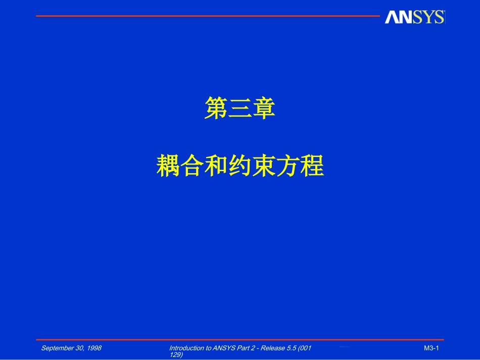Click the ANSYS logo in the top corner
[414, 17]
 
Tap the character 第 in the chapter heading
[216, 109]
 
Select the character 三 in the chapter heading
[240, 109]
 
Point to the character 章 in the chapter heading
[264, 109]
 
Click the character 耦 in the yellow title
[168, 166]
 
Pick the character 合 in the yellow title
[193, 166]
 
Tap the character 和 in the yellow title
[216, 166]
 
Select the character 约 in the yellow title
[240, 166]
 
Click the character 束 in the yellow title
[264, 166]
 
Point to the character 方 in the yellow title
[287, 166]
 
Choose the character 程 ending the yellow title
[312, 166]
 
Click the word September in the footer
[57, 348]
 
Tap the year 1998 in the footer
[93, 348]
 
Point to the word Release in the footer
[271, 348]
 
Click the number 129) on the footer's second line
[176, 355]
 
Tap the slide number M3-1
[431, 348]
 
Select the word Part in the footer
[243, 348]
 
